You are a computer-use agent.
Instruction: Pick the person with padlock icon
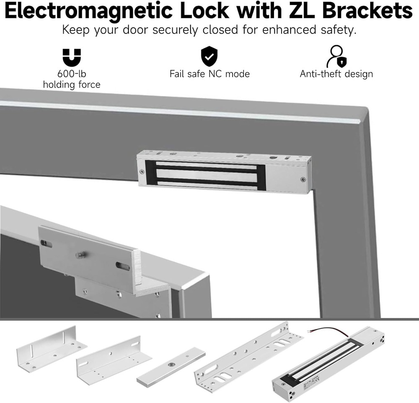tap(336, 57)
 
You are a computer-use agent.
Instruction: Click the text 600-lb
tap(72, 74)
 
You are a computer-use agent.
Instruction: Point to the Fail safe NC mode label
tap(209, 74)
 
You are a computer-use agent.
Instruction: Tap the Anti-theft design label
tap(336, 74)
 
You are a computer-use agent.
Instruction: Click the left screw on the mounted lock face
tap(142, 171)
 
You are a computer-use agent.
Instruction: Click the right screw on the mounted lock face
tap(303, 179)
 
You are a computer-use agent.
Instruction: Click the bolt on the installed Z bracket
tap(79, 255)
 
